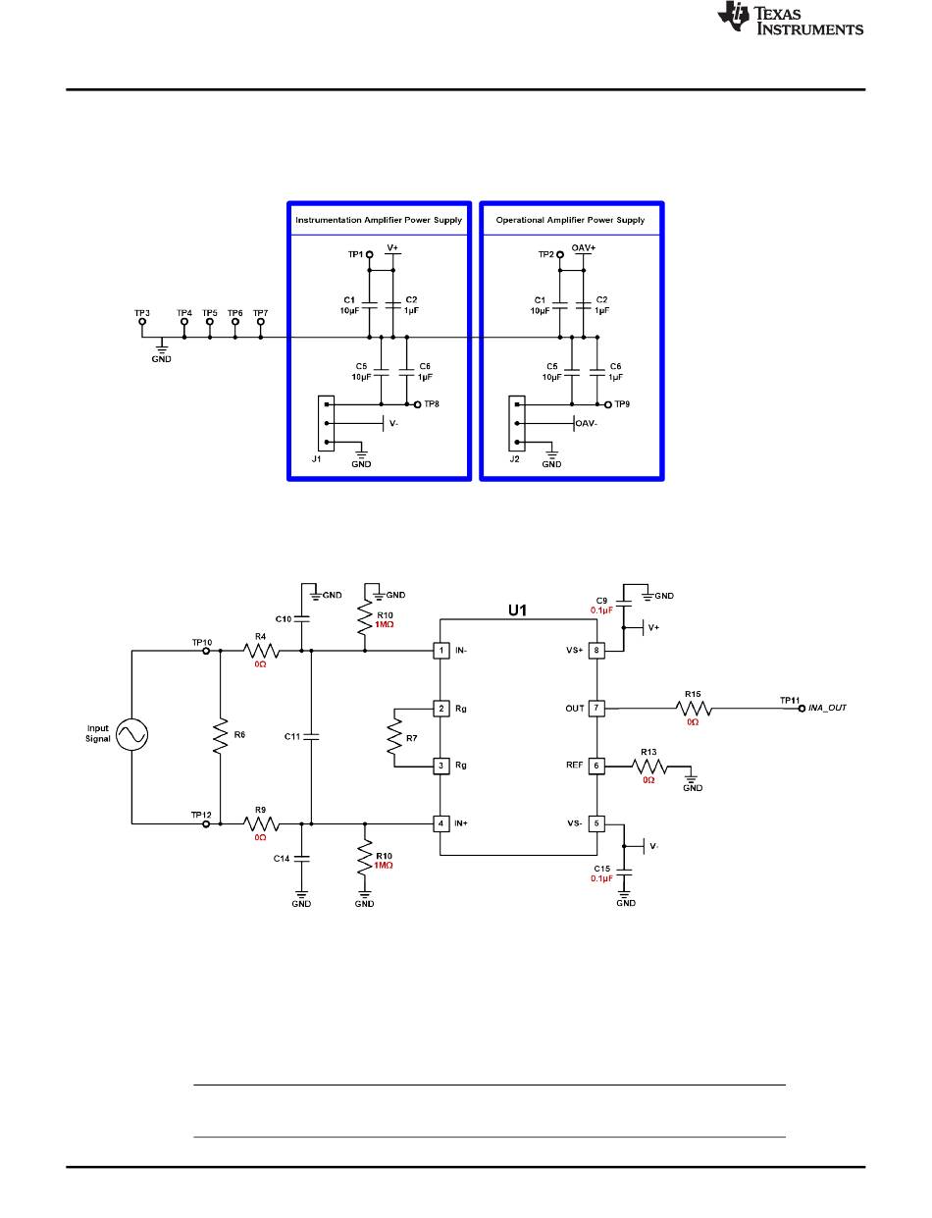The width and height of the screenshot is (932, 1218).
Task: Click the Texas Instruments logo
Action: click(790, 19)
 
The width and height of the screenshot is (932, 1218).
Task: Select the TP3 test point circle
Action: click(142, 322)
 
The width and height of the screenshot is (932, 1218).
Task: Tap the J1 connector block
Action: click(326, 423)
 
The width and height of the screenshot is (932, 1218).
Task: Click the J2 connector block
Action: click(516, 423)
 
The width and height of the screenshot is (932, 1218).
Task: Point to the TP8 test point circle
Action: click(417, 404)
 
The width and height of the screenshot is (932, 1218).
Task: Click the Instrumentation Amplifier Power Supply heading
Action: click(379, 220)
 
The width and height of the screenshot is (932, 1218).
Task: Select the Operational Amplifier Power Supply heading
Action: click(570, 220)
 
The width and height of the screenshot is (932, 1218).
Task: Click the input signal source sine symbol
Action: click(132, 734)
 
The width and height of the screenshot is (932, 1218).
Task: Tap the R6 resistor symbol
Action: click(220, 735)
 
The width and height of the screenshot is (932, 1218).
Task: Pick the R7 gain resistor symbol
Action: click(394, 738)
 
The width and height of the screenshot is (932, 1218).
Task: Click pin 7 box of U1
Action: click(596, 708)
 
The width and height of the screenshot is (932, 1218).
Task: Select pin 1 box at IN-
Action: click(441, 650)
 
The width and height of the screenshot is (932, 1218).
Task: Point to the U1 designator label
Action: click(517, 610)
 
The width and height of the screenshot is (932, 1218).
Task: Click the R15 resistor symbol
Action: click(694, 709)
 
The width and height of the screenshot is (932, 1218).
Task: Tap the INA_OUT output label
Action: click(827, 708)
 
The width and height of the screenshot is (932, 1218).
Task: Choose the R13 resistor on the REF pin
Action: click(649, 767)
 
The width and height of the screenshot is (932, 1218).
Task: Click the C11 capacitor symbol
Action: click(311, 736)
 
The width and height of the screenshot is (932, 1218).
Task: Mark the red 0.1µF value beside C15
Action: click(601, 878)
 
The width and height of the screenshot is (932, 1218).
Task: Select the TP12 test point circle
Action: click(206, 824)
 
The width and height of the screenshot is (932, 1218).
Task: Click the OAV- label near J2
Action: click(586, 423)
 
